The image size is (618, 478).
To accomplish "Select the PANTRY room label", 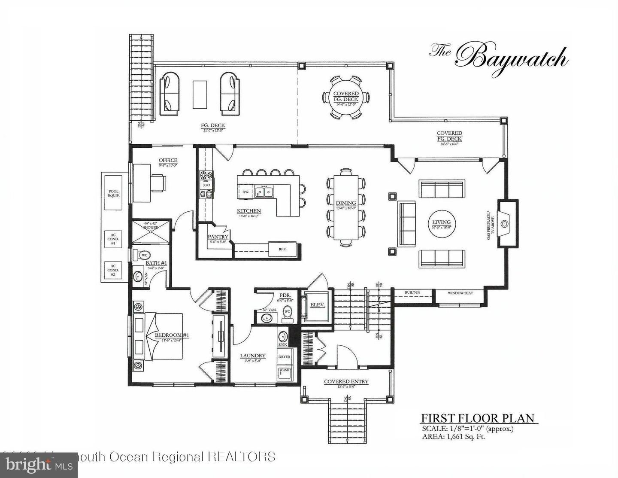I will pos(218,237).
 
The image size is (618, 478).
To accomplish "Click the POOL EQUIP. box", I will pos(113,193).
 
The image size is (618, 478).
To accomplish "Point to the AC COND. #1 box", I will pos(113,239).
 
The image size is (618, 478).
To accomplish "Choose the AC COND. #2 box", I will pos(113,270).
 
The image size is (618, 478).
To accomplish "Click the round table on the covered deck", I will pos(346,97).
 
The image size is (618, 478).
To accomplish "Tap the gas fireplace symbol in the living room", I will pos(505,223).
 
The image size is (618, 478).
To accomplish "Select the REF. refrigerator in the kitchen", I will pos(282,249).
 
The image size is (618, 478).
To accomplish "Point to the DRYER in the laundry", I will pos(284,356).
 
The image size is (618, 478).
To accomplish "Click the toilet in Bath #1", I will pos(142,255).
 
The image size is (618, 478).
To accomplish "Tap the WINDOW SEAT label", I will pos(460,293).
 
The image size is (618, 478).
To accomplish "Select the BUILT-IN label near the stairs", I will pos(412,293).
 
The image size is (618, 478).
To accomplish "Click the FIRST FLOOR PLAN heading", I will pos(478,418).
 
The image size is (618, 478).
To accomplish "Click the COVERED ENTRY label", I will pos(346,381).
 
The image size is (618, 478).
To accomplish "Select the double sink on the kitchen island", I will pos(264,192).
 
